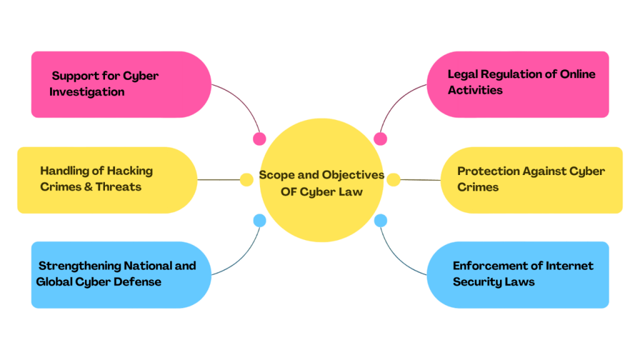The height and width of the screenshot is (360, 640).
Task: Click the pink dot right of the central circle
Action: click(x=380, y=139)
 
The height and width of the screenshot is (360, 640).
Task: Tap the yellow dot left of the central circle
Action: click(x=247, y=180)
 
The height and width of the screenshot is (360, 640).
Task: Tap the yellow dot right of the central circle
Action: click(x=393, y=180)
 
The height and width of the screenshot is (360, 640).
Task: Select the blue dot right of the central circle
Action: click(x=380, y=220)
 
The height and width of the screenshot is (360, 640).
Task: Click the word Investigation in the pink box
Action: click(x=87, y=92)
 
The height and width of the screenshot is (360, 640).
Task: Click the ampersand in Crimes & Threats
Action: click(x=88, y=186)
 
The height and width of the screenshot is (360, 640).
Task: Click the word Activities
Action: click(x=475, y=90)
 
